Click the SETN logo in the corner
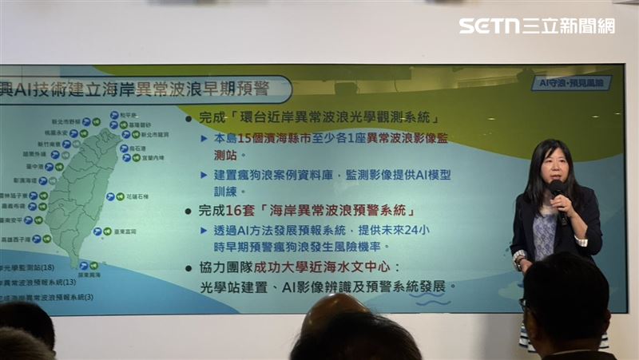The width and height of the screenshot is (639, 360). [x=536, y=26]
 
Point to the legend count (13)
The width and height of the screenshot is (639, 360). [x=67, y=283]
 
